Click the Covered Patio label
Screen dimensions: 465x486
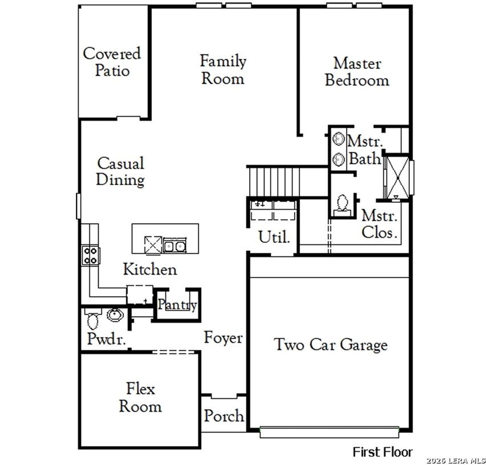point(112,62)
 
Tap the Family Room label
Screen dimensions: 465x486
point(223,70)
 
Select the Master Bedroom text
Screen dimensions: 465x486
point(357,72)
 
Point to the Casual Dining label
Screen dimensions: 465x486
point(120,171)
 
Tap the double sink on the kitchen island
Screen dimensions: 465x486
point(175,247)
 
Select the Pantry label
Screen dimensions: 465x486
point(177,305)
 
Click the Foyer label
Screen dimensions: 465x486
point(223,338)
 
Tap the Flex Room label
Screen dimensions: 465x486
point(140,398)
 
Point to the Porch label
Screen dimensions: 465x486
point(224,416)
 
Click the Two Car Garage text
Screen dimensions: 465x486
point(331,345)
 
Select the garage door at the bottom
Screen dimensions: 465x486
point(329,432)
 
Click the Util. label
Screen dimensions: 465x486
point(274,237)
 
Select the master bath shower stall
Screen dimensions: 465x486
point(398,177)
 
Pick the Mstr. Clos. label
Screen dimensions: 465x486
point(379,224)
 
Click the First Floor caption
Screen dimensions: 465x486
point(382,452)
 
